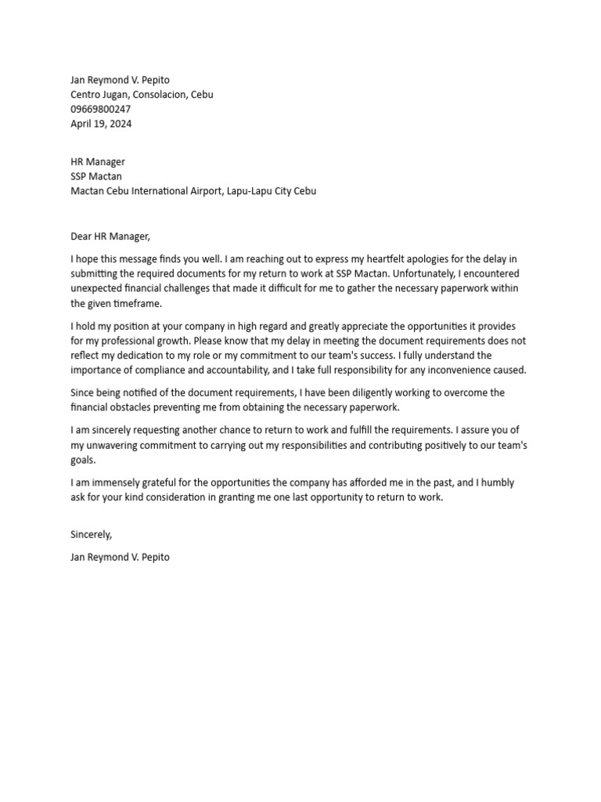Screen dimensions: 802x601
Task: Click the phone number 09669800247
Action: [x=100, y=109]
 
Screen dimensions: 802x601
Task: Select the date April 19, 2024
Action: [x=95, y=124]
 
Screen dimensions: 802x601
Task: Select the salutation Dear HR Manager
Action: [x=110, y=236]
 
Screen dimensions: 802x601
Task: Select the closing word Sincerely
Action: [x=91, y=535]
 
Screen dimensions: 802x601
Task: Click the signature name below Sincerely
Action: [x=118, y=558]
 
